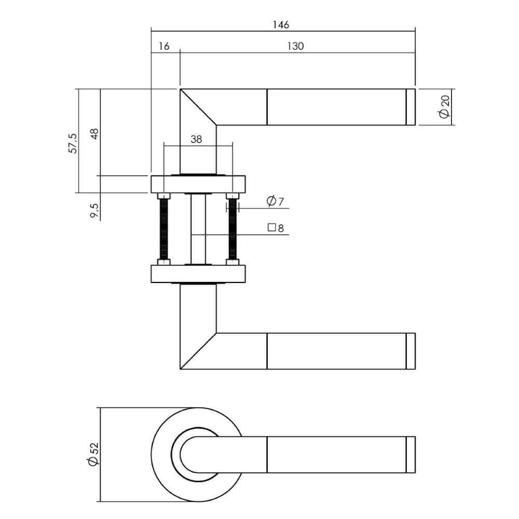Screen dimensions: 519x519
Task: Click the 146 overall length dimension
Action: coord(283,24)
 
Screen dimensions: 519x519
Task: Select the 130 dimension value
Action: coord(295,46)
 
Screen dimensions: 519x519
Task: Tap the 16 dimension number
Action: coord(163,46)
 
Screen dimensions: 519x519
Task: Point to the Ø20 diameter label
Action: coord(444,107)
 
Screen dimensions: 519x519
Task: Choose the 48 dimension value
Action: coord(94,133)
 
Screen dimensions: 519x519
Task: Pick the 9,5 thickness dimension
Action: coord(94,210)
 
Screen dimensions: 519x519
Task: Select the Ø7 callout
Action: coord(275,201)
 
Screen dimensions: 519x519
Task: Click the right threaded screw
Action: coord(232,229)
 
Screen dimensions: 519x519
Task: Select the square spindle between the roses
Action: coord(198,229)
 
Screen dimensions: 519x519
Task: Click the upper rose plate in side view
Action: coord(198,184)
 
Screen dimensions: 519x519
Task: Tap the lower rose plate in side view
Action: coord(198,274)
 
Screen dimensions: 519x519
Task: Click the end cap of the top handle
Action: coord(410,107)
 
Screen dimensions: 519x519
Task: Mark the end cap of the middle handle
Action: coord(410,351)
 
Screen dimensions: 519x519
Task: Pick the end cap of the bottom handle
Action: coord(410,455)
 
